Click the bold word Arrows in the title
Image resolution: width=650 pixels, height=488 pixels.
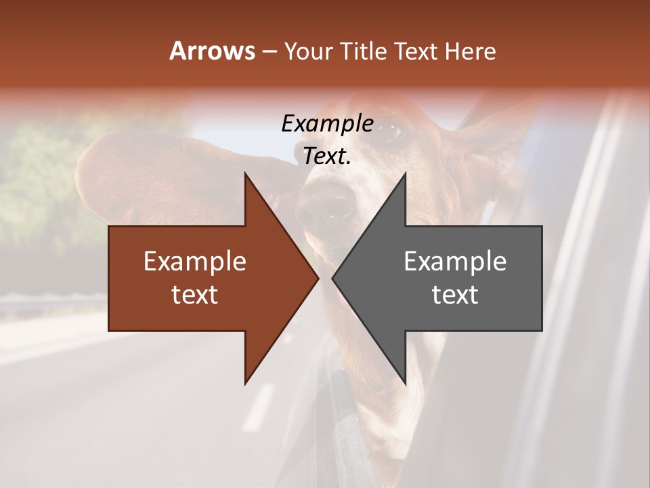click(211, 51)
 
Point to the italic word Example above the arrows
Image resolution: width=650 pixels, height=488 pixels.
click(327, 123)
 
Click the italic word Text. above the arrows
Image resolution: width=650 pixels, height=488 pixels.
click(327, 156)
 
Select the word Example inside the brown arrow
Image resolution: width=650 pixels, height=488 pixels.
click(195, 261)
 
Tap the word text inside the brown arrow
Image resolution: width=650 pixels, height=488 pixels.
click(195, 295)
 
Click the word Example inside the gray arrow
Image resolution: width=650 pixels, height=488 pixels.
click(455, 261)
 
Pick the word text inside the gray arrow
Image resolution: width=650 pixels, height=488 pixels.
click(455, 295)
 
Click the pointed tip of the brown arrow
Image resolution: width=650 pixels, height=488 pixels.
click(318, 278)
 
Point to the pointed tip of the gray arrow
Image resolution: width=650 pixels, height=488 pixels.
click(333, 278)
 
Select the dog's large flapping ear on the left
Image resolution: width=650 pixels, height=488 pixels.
click(129, 176)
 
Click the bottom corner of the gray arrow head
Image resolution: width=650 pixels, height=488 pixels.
click(405, 384)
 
